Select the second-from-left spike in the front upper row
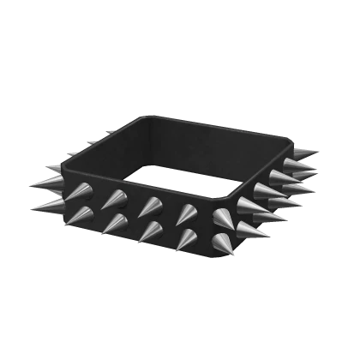click(112, 200)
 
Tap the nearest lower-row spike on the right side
click(254, 228)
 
